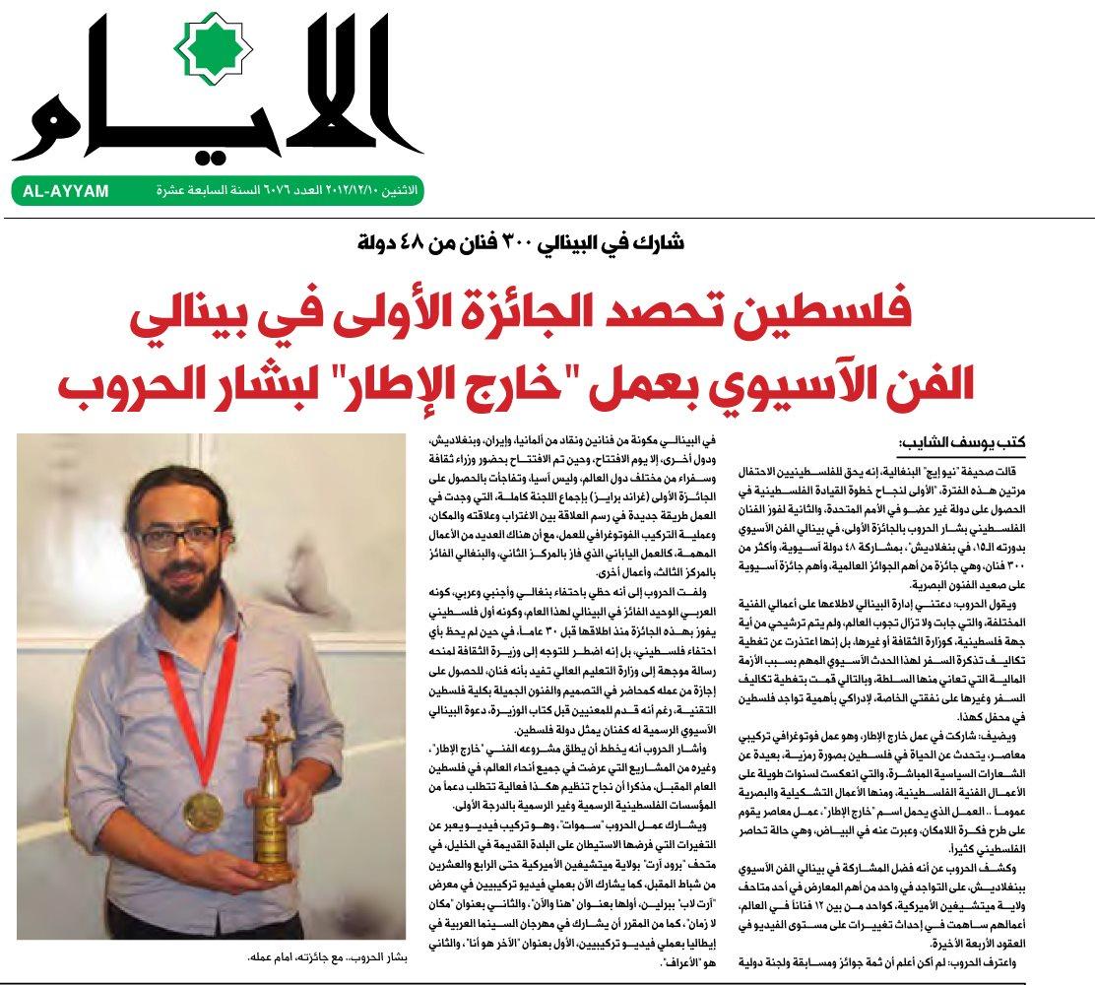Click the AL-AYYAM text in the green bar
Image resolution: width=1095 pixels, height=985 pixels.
tap(66, 191)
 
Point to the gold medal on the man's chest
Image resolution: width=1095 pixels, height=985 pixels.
tap(203, 810)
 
